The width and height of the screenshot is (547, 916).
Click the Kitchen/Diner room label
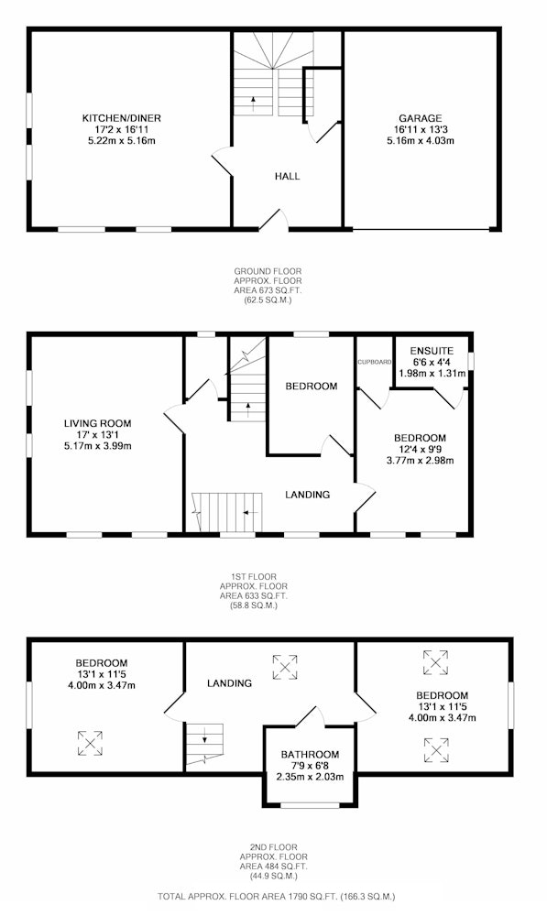tap(122, 118)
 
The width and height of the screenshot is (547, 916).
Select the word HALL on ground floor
tap(287, 176)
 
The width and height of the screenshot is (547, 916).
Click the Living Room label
tap(98, 423)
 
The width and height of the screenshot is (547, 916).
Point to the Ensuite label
tap(432, 351)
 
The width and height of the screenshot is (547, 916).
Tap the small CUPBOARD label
tap(375, 362)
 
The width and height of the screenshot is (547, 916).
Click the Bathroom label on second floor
tap(310, 755)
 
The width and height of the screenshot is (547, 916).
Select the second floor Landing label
tap(229, 683)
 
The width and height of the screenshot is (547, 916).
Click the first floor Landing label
tap(307, 495)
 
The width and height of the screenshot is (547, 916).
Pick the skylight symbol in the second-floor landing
tap(285, 667)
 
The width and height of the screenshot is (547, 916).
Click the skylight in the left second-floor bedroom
tap(90, 743)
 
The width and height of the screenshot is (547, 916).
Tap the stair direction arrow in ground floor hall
tap(253, 104)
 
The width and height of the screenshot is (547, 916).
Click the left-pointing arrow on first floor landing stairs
tap(250, 512)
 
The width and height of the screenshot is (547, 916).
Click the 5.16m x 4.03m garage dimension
tap(421, 141)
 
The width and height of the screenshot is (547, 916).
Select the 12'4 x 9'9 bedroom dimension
tap(421, 449)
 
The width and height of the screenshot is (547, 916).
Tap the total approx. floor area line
tap(277, 896)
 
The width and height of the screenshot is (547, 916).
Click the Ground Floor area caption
tap(268, 286)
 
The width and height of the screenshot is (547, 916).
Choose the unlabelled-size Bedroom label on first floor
tap(311, 387)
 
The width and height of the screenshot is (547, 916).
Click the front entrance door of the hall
tap(273, 220)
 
